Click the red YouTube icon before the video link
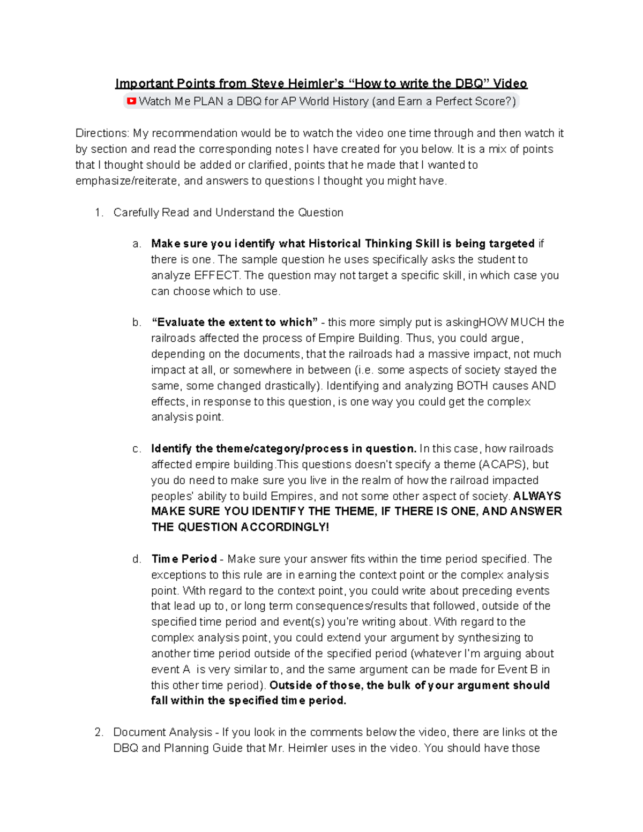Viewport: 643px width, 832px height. [x=131, y=101]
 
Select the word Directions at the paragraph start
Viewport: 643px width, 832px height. [x=102, y=133]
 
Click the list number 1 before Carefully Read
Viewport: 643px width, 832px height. [x=98, y=213]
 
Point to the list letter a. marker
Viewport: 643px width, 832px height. [x=137, y=244]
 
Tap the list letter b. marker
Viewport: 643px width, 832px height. [x=137, y=323]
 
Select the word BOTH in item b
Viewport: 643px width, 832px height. [x=471, y=386]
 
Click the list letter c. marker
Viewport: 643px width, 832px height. [x=137, y=449]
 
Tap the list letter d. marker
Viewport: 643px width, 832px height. [x=137, y=559]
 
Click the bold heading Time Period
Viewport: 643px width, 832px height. [x=184, y=559]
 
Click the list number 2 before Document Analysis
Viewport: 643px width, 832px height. [x=98, y=732]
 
